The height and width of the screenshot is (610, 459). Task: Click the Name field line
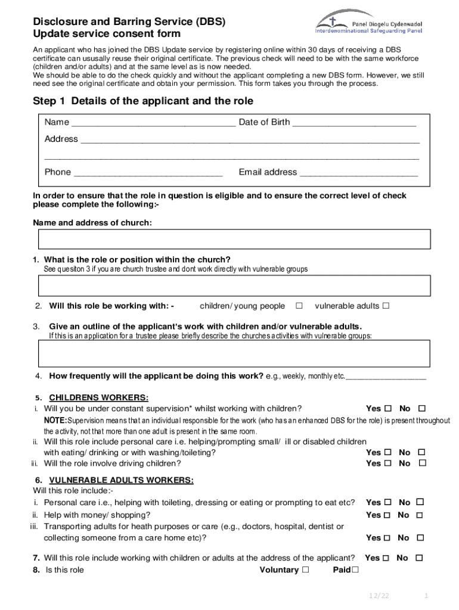(x=153, y=123)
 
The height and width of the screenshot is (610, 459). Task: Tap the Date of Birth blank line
(x=354, y=123)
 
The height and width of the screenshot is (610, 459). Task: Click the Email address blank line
(x=358, y=173)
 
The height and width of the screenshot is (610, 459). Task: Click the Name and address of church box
(x=234, y=239)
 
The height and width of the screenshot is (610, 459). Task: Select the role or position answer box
(x=234, y=286)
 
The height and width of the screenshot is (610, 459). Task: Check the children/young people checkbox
(x=299, y=306)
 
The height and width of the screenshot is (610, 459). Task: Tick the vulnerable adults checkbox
(x=386, y=306)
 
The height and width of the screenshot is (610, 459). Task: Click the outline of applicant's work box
(x=234, y=354)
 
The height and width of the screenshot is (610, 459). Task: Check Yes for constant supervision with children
(x=388, y=409)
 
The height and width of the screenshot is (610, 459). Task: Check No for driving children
(x=422, y=463)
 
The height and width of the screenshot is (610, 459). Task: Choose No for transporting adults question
(x=420, y=538)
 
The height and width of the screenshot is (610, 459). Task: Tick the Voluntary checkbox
(x=306, y=570)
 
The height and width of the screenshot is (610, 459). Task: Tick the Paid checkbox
(x=355, y=570)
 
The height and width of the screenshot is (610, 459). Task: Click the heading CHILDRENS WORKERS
(x=99, y=398)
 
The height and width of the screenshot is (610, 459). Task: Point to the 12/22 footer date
(x=378, y=596)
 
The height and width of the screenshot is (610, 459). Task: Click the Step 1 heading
(x=143, y=101)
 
